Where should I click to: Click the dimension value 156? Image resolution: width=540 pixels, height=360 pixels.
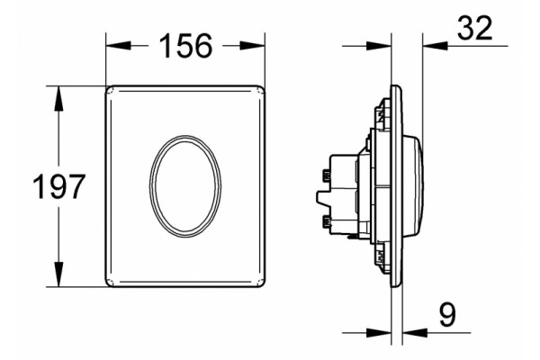coord(185,46)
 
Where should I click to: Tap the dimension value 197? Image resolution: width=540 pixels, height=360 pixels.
coord(58,186)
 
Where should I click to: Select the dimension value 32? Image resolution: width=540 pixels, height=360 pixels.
coord(474,29)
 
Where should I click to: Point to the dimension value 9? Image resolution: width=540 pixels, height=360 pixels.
coord(447,314)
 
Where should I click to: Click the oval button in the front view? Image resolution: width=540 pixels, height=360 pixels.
coord(185,186)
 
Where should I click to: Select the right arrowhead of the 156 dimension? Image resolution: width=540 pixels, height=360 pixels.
coord(252,46)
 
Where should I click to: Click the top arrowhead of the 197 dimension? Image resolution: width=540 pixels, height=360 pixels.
coord(58,98)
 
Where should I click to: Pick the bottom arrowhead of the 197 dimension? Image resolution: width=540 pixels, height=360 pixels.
coord(58,274)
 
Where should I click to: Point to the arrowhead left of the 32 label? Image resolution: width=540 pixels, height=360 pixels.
coord(435,46)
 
